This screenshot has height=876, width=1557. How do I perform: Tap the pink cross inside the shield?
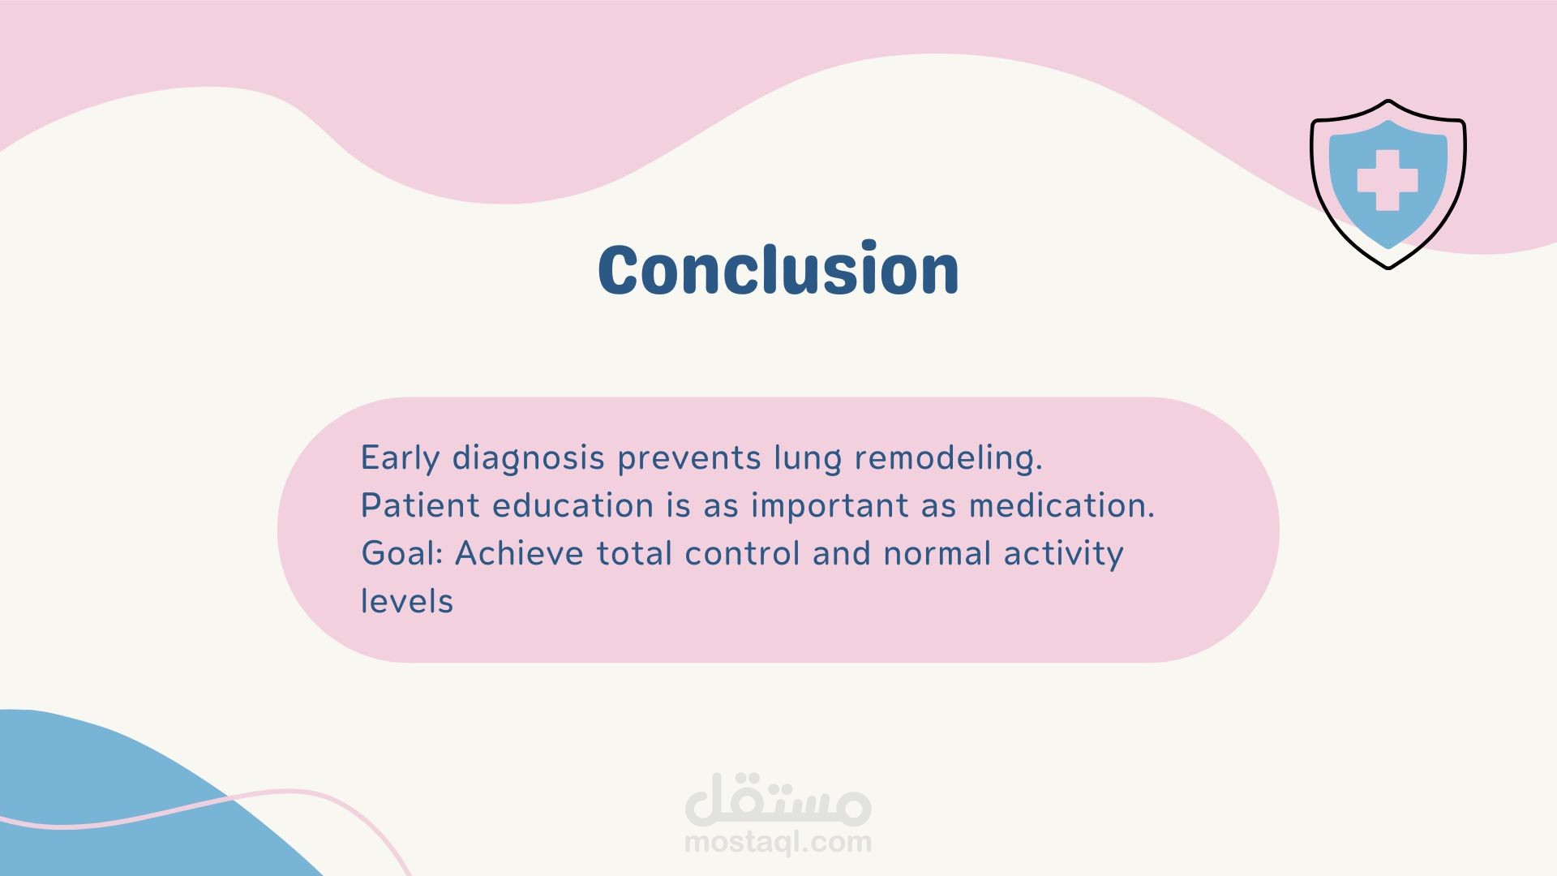point(1388,180)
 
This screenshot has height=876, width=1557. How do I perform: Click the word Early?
point(400,459)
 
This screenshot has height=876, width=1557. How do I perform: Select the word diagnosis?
point(528,459)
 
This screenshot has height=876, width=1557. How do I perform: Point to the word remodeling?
point(948,459)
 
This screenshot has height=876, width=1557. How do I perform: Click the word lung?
point(808,459)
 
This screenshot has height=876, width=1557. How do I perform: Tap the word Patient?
point(420,505)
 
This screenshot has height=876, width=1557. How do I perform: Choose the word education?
point(573,505)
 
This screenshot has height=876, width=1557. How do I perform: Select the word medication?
point(1062,505)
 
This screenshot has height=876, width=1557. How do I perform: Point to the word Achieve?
point(519,553)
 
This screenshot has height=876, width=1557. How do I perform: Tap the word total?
point(634,553)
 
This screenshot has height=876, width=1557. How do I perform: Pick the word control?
point(742,553)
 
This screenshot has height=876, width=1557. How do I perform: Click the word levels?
point(407,601)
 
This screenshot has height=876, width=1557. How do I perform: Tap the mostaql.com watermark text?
point(778,842)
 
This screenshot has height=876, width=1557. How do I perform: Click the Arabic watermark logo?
point(778,798)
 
